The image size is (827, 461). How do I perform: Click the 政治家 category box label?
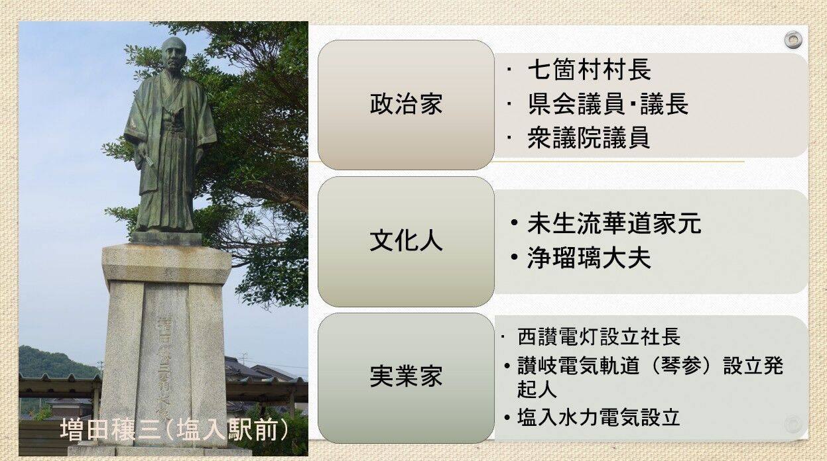(x=406, y=105)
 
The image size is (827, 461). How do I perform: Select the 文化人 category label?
(x=406, y=241)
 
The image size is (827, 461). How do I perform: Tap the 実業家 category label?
(x=406, y=376)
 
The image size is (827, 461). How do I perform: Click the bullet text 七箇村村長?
(x=589, y=70)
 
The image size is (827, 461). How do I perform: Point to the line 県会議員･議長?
(x=608, y=103)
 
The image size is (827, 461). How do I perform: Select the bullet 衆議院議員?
(x=588, y=138)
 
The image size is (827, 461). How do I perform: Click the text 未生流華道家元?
(x=614, y=223)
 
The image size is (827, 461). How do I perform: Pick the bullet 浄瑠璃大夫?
(x=589, y=258)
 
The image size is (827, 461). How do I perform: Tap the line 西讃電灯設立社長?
(x=598, y=336)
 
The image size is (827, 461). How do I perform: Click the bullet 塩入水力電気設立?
(x=598, y=417)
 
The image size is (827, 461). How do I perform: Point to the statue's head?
(x=173, y=56)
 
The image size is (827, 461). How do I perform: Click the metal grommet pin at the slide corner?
(x=793, y=40)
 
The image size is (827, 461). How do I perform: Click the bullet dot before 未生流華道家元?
(x=514, y=223)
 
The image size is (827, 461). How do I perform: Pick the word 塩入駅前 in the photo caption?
(x=226, y=430)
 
